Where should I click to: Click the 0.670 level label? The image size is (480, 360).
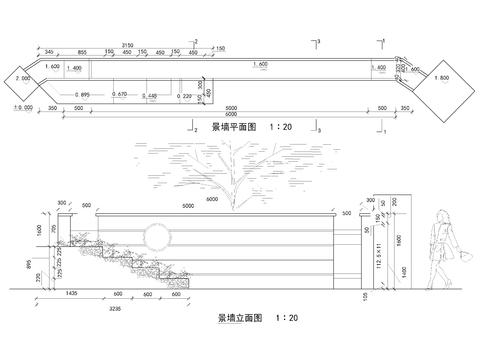119,94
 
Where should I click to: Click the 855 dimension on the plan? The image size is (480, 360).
81,52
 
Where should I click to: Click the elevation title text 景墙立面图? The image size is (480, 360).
238,317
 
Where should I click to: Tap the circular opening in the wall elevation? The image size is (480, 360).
157,236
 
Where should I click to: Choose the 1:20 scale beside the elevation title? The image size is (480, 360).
287,317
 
